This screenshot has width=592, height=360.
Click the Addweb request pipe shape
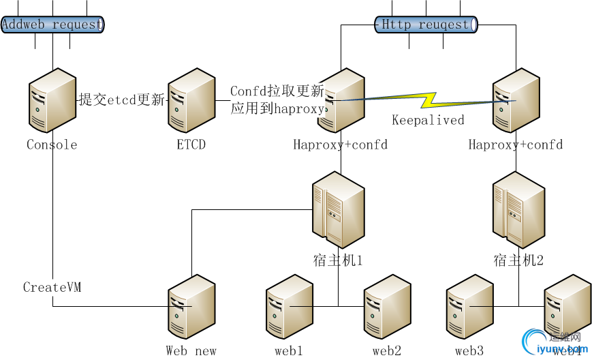click(52, 25)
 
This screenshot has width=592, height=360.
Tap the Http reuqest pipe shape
click(426, 25)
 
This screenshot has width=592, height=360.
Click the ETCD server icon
click(191, 100)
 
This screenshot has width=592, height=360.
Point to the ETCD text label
click(191, 145)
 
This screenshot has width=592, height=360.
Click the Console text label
click(52, 145)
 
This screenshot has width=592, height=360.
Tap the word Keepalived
click(428, 120)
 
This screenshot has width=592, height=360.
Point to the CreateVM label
click(52, 287)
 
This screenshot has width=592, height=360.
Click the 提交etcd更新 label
click(122, 100)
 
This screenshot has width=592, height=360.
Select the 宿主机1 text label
click(337, 260)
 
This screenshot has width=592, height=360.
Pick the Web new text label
click(191, 351)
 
